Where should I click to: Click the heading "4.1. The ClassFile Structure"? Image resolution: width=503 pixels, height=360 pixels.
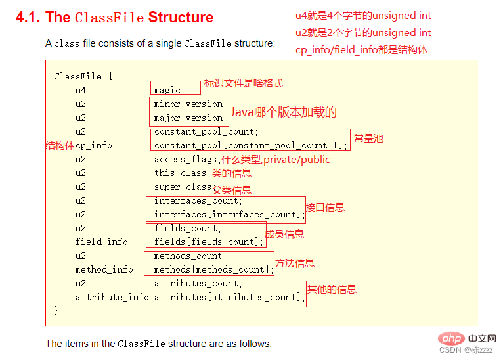coord(115,17)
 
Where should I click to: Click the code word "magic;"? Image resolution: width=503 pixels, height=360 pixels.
coord(169,90)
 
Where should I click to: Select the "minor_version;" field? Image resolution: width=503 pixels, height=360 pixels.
coord(190,104)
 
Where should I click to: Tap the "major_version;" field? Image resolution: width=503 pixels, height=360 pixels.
coord(190,118)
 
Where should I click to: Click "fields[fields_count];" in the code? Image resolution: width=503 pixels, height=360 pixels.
coord(208,242)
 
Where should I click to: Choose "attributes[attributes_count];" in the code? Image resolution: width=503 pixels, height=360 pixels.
coord(229,297)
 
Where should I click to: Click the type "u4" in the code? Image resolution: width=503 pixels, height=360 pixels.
coord(81,90)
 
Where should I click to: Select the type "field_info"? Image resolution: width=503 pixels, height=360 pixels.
coord(102,242)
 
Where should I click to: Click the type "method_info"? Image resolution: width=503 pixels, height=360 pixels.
coord(104,269)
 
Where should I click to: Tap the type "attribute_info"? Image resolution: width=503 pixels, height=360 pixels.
coord(112,297)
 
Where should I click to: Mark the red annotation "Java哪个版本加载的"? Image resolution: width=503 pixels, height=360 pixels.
coord(283,112)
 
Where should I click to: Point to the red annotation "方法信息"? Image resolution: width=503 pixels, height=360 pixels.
coord(294,263)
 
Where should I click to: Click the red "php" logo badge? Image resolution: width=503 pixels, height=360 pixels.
coord(450,338)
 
